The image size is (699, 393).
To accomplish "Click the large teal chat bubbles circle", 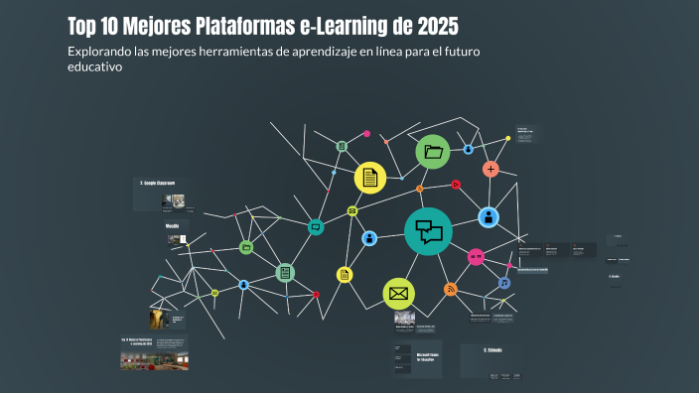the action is point(428,232).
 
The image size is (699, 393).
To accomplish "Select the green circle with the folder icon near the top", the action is point(433,152).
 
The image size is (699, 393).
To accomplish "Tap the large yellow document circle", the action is point(370,178).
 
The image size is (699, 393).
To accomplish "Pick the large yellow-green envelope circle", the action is point(398,293).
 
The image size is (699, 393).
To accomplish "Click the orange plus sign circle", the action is point(490,169).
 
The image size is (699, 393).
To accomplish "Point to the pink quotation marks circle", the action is point(476,257).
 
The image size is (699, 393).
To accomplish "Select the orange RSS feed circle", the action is point(450,290).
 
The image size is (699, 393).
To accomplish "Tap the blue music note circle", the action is point(504,283).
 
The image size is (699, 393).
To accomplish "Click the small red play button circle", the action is point(455,184).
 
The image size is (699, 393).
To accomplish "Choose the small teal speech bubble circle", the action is point(316,227).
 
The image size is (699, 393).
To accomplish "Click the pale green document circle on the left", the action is point(285,272).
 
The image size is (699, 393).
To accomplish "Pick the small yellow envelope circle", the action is point(351,210).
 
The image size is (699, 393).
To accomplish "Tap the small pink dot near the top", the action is point(366,133).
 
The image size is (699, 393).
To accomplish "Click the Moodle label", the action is point(172,226).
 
